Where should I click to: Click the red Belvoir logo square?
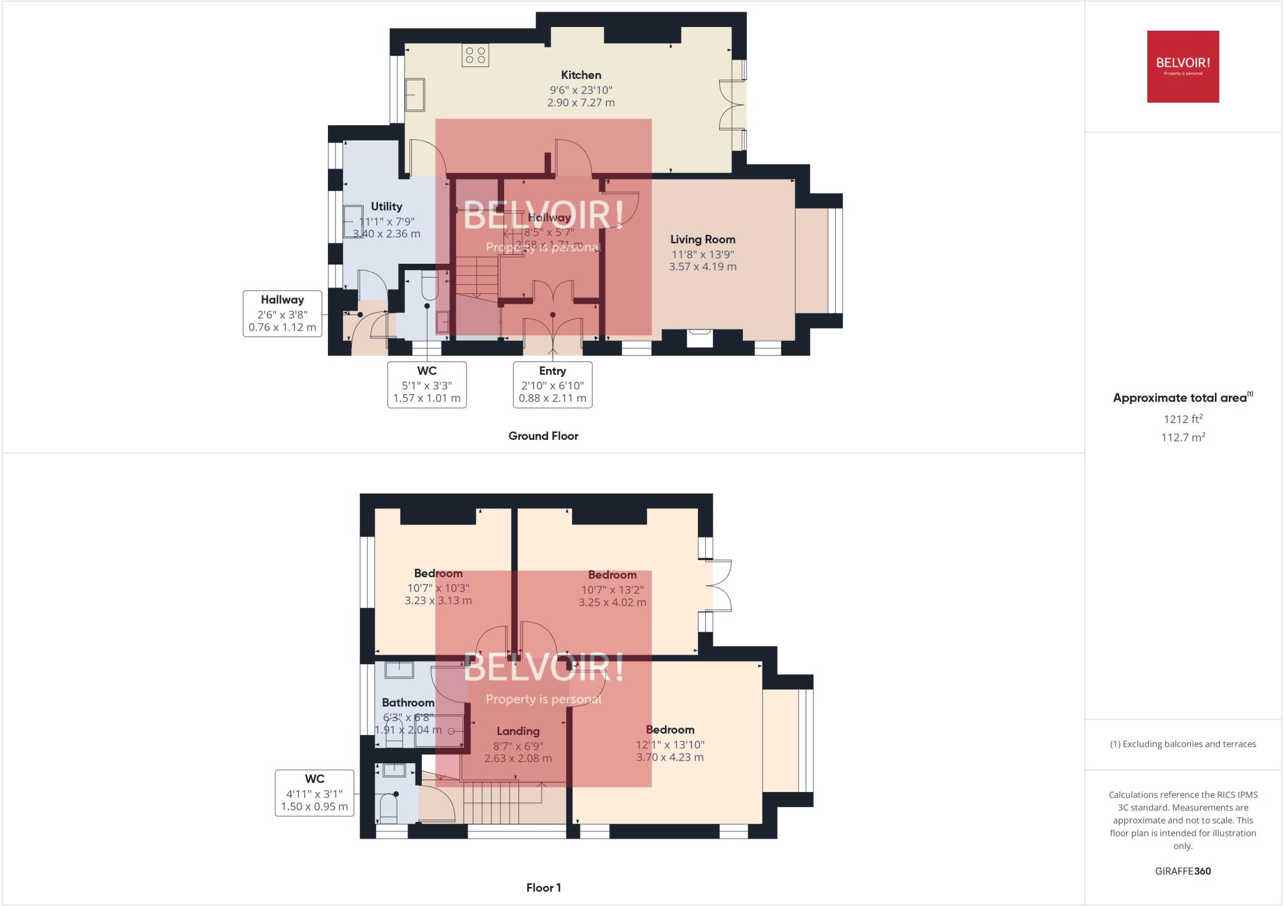tap(1182, 66)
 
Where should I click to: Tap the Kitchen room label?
tap(581, 75)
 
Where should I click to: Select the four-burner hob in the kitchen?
tap(475, 55)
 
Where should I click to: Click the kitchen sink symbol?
tap(414, 95)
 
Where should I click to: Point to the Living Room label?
tap(702, 239)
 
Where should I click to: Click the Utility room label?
tap(386, 206)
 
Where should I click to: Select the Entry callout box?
tap(552, 385)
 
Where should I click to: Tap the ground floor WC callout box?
tap(426, 385)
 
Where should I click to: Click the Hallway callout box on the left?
tap(282, 313)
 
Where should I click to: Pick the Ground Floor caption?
tap(543, 436)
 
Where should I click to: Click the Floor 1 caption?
tap(543, 887)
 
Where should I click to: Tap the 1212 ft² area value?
tap(1182, 419)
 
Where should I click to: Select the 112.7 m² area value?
tap(1182, 437)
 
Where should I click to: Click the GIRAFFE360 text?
tap(1182, 871)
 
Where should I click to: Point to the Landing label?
tap(518, 731)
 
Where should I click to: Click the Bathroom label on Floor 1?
tap(408, 703)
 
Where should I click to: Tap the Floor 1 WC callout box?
tap(314, 793)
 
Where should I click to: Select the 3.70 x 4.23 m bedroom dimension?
tap(670, 758)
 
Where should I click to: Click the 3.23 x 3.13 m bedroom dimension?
tap(438, 601)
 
